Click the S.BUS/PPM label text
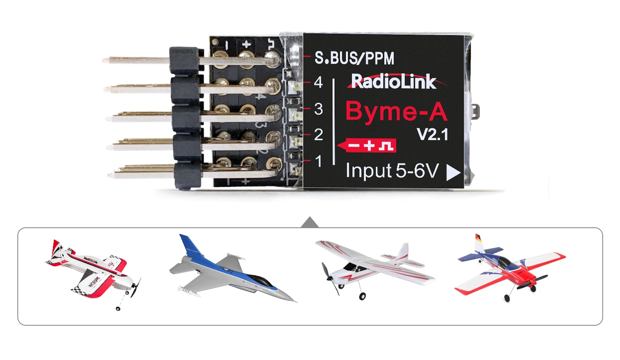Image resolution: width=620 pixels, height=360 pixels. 354,58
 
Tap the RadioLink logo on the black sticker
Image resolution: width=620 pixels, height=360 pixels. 393,81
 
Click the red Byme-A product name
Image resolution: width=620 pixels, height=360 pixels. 396,112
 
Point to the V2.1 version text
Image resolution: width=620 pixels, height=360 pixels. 432,135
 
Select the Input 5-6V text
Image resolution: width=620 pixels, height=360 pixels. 392,171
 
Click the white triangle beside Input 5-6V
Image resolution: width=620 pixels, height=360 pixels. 453,173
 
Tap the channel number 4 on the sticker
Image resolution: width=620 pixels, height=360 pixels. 318,82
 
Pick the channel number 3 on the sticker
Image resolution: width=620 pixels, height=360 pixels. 318,109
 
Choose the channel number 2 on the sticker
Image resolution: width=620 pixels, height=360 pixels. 318,135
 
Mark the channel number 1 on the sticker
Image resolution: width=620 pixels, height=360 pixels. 318,161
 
